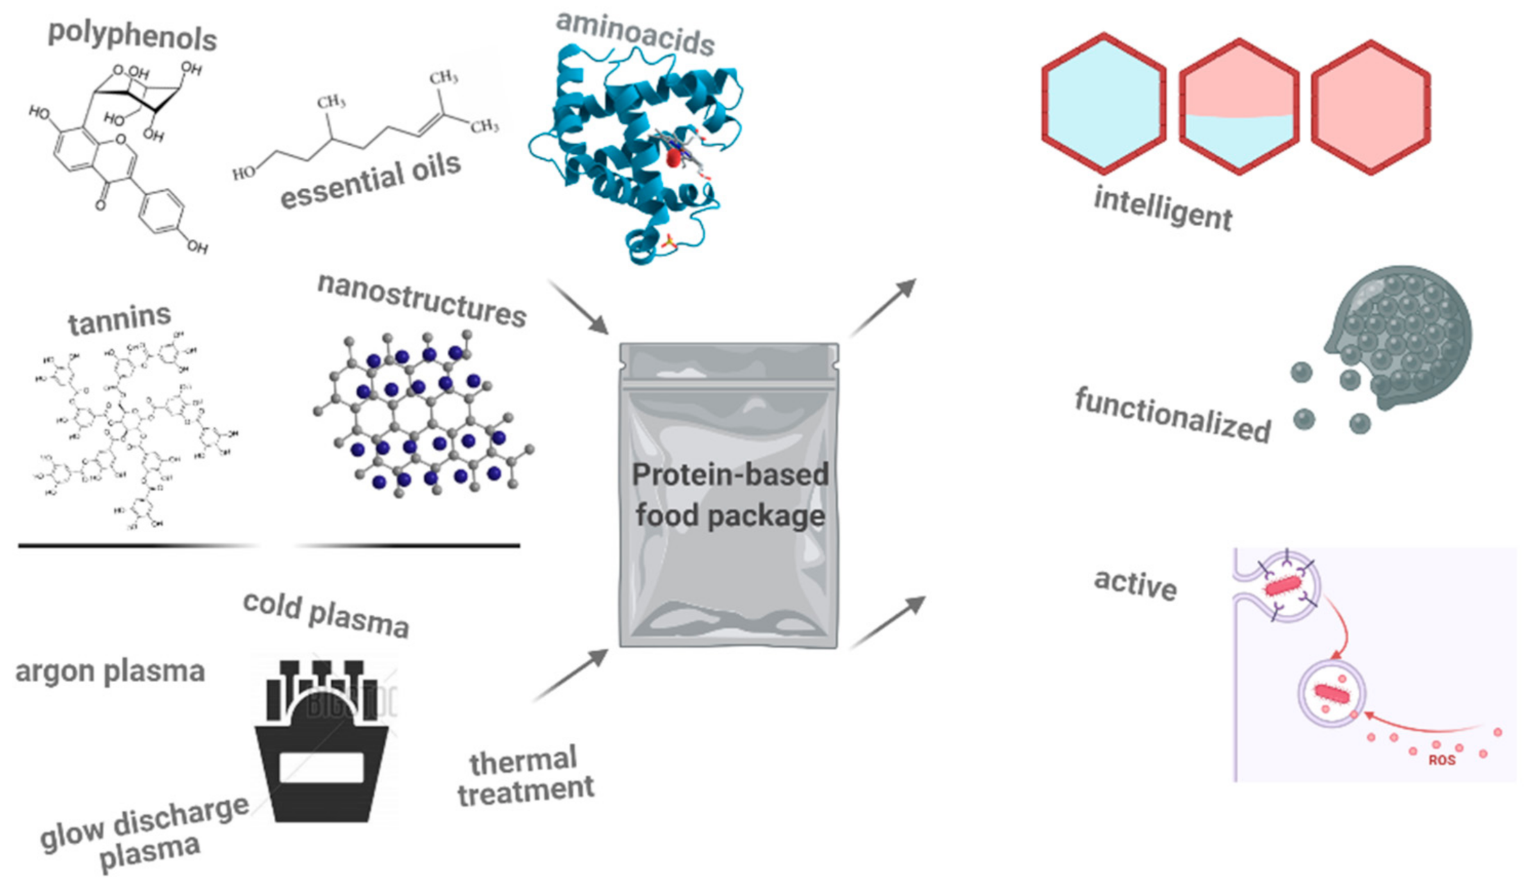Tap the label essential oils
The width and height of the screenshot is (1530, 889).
pyautogui.click(x=371, y=181)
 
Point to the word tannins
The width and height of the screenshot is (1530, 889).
pyautogui.click(x=120, y=319)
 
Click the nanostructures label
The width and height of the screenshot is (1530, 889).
pyautogui.click(x=422, y=301)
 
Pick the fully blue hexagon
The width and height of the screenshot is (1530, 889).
pyautogui.click(x=1103, y=104)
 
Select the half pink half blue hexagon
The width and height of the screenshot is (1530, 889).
pyautogui.click(x=1238, y=107)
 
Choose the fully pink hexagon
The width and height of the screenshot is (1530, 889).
pyautogui.click(x=1370, y=107)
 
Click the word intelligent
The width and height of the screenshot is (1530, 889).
pyautogui.click(x=1162, y=208)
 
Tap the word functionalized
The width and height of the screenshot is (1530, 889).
pyautogui.click(x=1172, y=415)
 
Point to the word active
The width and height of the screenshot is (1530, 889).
pyautogui.click(x=1135, y=584)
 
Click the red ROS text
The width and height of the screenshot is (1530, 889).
pyautogui.click(x=1442, y=760)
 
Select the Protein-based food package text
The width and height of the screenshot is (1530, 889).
pyautogui.click(x=730, y=495)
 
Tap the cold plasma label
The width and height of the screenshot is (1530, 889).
pyautogui.click(x=326, y=615)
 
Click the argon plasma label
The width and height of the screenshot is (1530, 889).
pyautogui.click(x=110, y=672)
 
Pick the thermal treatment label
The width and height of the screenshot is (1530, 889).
pyautogui.click(x=525, y=776)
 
